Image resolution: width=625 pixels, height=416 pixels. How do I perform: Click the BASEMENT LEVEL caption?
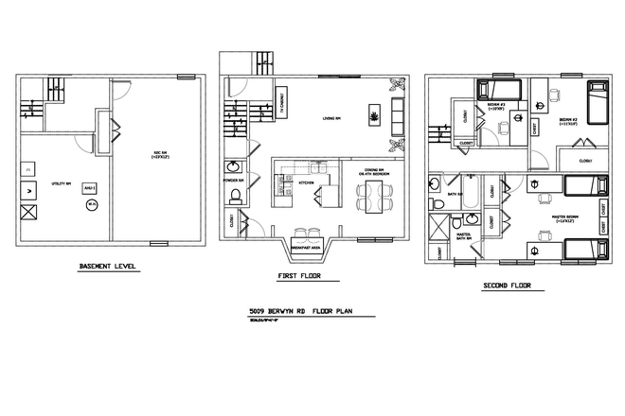click(x=108, y=269)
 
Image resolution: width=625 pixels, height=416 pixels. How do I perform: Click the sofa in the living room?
click(x=396, y=118)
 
